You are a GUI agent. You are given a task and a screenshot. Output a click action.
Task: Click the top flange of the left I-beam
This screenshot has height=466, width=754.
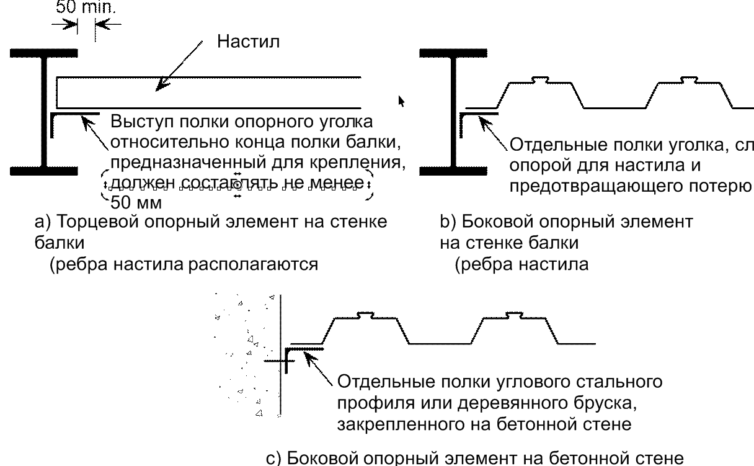tap(43, 54)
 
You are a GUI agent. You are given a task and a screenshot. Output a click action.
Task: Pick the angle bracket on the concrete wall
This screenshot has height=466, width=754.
tap(304, 350)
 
